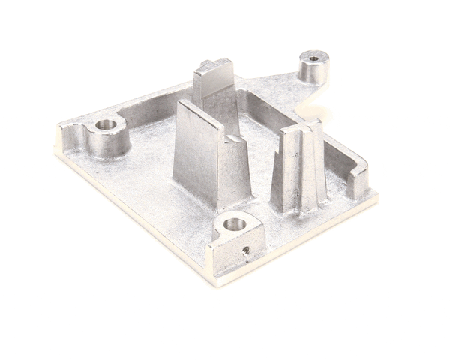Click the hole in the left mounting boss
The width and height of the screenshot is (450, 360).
pos(106,124)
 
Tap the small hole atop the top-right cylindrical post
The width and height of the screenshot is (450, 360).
pos(311,57)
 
